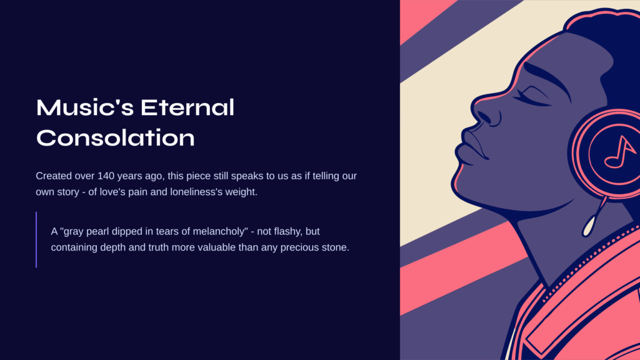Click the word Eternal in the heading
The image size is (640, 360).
tap(187, 107)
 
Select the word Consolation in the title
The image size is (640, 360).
tap(116, 137)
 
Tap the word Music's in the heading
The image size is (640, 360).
tap(85, 107)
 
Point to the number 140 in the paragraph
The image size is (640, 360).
tap(106, 176)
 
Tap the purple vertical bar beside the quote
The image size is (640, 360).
tap(36, 239)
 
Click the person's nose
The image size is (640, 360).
tap(486, 114)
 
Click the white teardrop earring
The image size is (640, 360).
tap(588, 226)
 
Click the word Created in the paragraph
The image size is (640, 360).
tap(54, 176)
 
